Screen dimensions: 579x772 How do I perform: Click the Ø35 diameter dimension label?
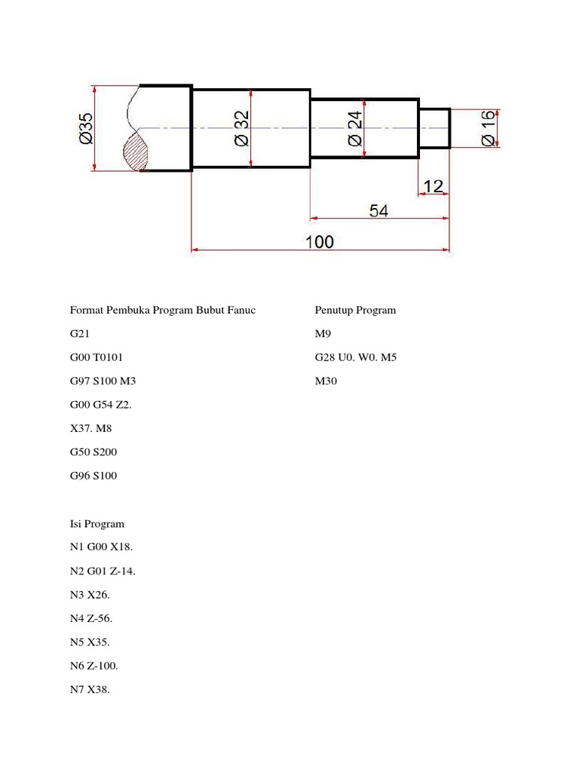point(85,127)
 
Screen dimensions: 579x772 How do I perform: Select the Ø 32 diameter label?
point(242,128)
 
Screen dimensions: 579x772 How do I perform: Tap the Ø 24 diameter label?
point(355,128)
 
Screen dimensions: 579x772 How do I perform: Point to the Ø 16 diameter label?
point(487,128)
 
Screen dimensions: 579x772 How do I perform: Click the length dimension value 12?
point(433,185)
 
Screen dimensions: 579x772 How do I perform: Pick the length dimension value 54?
point(378,211)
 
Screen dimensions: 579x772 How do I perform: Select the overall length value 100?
point(320,241)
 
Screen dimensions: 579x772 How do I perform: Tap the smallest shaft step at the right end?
point(435,127)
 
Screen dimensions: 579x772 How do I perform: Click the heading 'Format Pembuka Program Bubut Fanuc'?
point(162,310)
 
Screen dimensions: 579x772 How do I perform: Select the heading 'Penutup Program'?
point(355,310)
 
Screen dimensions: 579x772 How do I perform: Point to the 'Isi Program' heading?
point(97,523)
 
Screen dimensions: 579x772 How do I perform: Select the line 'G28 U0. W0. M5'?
point(355,357)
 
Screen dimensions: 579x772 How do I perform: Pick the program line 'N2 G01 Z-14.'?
point(103,571)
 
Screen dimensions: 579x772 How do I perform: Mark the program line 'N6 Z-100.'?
point(94,666)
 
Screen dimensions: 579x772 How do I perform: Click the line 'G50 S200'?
point(93,452)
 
